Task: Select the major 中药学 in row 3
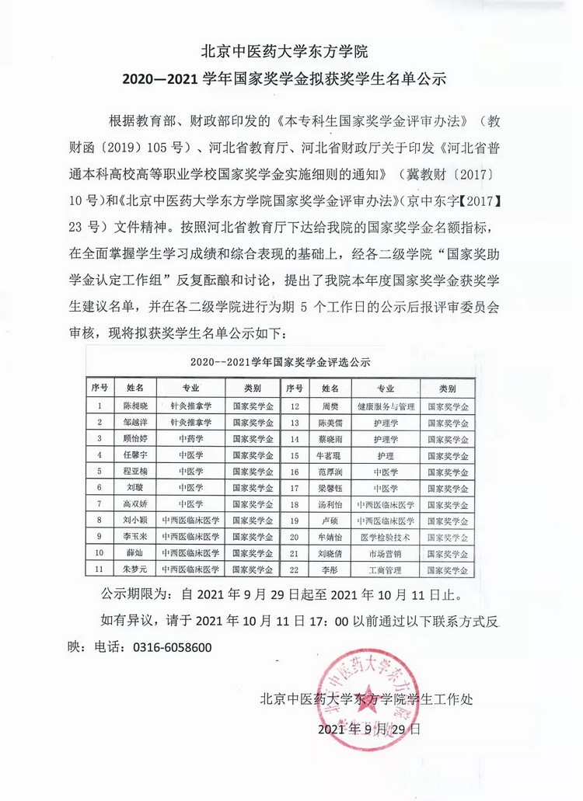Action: click(x=190, y=438)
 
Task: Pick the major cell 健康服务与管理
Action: click(x=386, y=406)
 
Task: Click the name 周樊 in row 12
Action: click(x=321, y=406)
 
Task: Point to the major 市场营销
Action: click(x=386, y=553)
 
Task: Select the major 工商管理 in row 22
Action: click(x=386, y=570)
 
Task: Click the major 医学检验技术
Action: click(x=386, y=537)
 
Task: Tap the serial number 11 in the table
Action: click(x=99, y=569)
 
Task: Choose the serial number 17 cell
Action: click(x=294, y=488)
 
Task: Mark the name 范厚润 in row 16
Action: click(x=321, y=472)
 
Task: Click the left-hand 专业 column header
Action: click(x=190, y=388)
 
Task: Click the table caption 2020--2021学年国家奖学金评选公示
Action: click(x=280, y=362)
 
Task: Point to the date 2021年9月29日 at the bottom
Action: click(x=369, y=730)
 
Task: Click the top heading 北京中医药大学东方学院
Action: click(x=290, y=52)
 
